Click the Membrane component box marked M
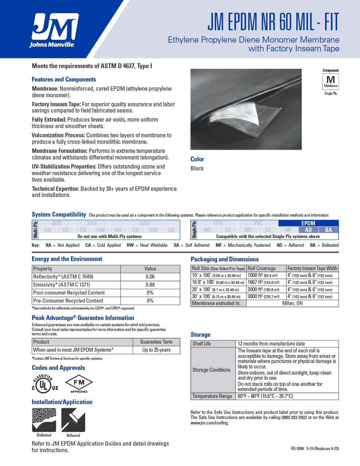(331, 81)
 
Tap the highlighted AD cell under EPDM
(308, 230)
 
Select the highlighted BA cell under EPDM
(328, 230)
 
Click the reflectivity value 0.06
(150, 277)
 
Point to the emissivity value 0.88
(150, 285)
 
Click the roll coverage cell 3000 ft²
(262, 296)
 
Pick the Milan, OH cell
(292, 303)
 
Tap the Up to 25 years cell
(156, 350)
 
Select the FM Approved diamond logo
(79, 384)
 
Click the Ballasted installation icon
(44, 420)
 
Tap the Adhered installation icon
(73, 420)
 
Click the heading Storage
(201, 335)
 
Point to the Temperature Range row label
(212, 396)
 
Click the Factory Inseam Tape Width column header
(312, 268)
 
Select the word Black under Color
(197, 169)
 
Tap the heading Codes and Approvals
(58, 368)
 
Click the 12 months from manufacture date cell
(271, 344)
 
